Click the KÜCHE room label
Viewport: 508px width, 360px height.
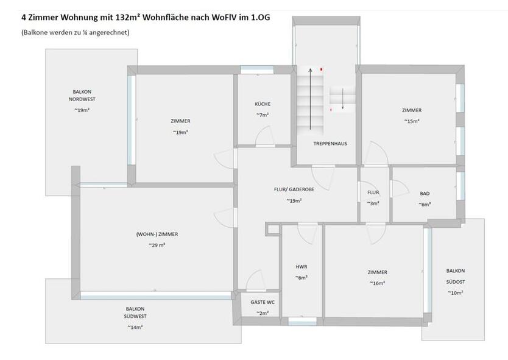pyautogui.click(x=263, y=104)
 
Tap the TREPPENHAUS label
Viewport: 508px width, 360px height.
pyautogui.click(x=330, y=144)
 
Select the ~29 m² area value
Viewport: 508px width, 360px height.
pyautogui.click(x=157, y=245)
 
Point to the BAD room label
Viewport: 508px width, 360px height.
pyautogui.click(x=425, y=194)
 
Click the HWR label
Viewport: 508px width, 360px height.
pyautogui.click(x=301, y=267)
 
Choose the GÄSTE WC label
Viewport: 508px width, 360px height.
pyautogui.click(x=262, y=302)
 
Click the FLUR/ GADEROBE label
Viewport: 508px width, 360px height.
pyautogui.click(x=294, y=189)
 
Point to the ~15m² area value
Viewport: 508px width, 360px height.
pyautogui.click(x=411, y=121)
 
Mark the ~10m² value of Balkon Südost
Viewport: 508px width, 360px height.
pyautogui.click(x=455, y=293)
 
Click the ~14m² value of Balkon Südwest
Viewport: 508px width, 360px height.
pyautogui.click(x=135, y=328)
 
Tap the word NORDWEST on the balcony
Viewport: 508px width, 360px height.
pyautogui.click(x=82, y=99)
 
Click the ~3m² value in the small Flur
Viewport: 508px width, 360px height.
pyautogui.click(x=373, y=203)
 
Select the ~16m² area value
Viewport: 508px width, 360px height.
pyautogui.click(x=377, y=283)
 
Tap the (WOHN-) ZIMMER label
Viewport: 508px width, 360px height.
pyautogui.click(x=157, y=234)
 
